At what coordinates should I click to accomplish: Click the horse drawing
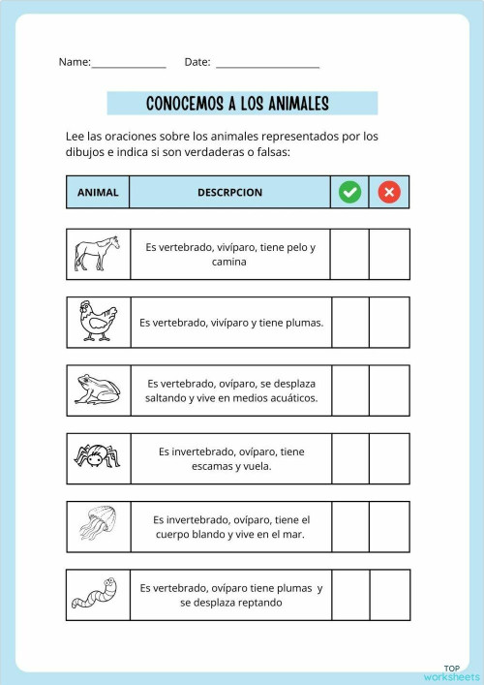(x=98, y=255)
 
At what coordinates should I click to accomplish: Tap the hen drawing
(x=98, y=322)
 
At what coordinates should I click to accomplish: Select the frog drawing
(x=98, y=389)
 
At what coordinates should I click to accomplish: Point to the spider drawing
(x=98, y=456)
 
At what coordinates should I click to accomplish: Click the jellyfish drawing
(x=98, y=526)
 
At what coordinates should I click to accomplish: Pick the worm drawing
(x=98, y=594)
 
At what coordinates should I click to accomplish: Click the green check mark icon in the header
(x=350, y=192)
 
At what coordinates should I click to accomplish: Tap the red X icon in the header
(x=389, y=192)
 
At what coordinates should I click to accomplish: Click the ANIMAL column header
(x=98, y=192)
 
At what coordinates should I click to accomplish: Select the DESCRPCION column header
(x=229, y=192)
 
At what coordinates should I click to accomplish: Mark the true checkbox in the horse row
(x=349, y=254)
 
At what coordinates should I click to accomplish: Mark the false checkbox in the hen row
(x=389, y=322)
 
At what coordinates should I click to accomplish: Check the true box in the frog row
(x=349, y=389)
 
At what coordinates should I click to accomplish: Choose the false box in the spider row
(x=389, y=457)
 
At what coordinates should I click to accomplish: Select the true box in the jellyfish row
(x=349, y=526)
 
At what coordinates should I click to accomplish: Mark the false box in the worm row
(x=389, y=594)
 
